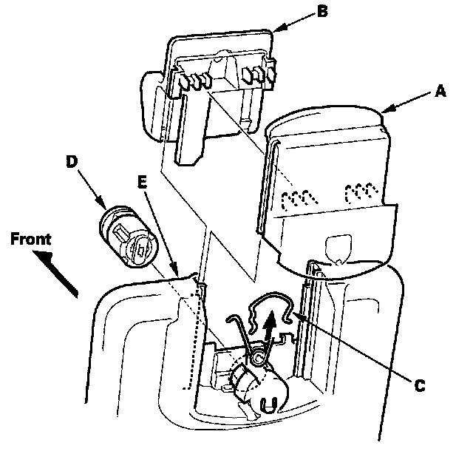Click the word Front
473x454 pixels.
[x=32, y=239]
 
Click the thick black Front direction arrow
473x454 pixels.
[x=58, y=274]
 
